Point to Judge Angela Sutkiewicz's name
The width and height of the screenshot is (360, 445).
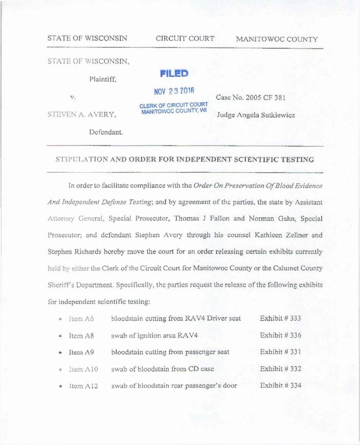tap(255, 115)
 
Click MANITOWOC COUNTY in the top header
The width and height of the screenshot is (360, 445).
tap(277, 39)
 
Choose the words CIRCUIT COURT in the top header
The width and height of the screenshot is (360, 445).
tap(185, 39)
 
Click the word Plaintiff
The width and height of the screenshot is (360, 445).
tap(102, 79)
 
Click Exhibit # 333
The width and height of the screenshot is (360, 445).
tap(280, 319)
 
